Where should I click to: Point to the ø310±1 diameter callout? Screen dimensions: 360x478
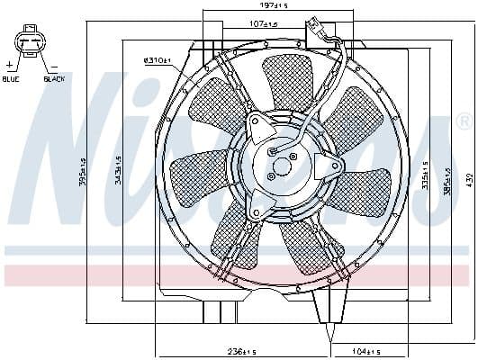click(158, 61)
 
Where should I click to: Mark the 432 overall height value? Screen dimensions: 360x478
click(469, 180)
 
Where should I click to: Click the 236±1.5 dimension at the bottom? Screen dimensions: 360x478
click(240, 350)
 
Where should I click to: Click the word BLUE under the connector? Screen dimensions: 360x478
click(11, 79)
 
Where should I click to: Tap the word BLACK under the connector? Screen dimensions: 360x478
click(54, 79)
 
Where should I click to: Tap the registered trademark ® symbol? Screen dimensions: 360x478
click(464, 121)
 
